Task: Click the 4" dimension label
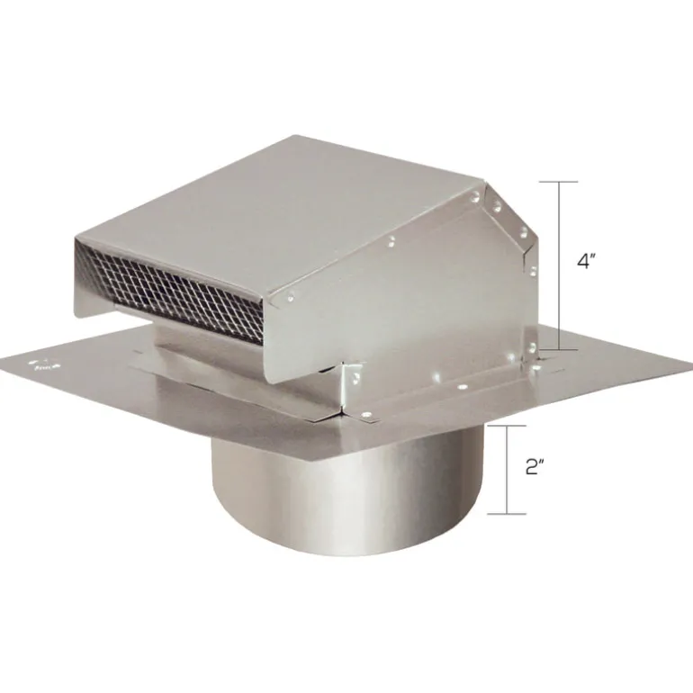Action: point(587,262)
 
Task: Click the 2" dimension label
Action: point(535,468)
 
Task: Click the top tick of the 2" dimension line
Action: point(507,426)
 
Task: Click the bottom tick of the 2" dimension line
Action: point(507,514)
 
